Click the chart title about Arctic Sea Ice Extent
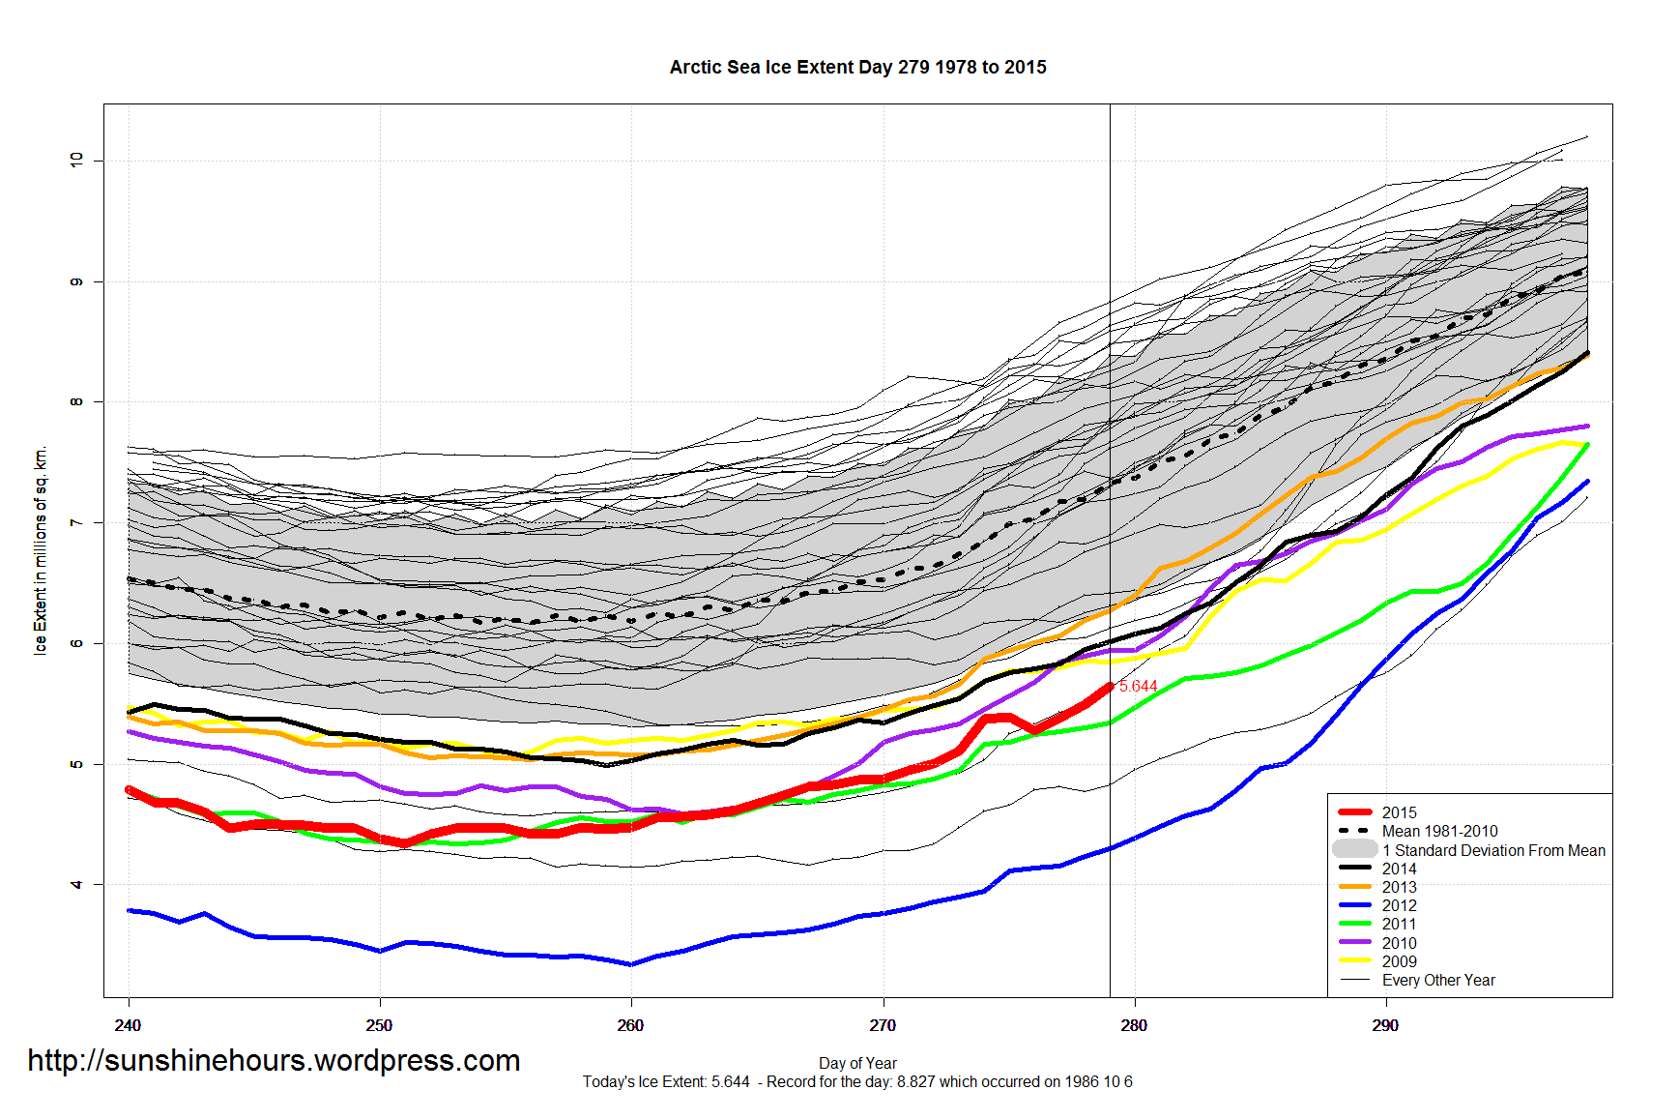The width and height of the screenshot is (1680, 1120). tap(857, 68)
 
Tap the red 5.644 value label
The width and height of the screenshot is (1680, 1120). tap(1138, 686)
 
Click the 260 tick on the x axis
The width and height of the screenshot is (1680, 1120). tap(630, 1025)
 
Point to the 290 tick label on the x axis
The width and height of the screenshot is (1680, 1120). tap(1384, 1025)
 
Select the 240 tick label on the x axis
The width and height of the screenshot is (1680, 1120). tap(128, 1025)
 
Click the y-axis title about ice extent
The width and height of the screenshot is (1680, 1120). tap(41, 551)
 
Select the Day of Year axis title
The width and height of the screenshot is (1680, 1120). tap(857, 1063)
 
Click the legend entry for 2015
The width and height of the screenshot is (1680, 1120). tap(1399, 812)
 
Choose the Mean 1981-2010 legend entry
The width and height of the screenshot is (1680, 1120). tap(1439, 831)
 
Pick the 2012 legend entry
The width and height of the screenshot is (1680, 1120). tap(1399, 905)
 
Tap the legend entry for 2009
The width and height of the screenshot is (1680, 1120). tap(1399, 961)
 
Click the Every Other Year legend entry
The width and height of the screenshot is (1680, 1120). tap(1437, 980)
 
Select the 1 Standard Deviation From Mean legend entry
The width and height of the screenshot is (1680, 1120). tap(1492, 850)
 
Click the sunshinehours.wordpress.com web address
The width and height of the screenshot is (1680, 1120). tap(274, 1061)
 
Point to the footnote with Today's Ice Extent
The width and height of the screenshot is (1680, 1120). tap(857, 1081)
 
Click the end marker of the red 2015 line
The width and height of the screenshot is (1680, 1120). tap(1110, 686)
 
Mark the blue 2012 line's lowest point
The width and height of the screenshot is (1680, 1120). tap(630, 964)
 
